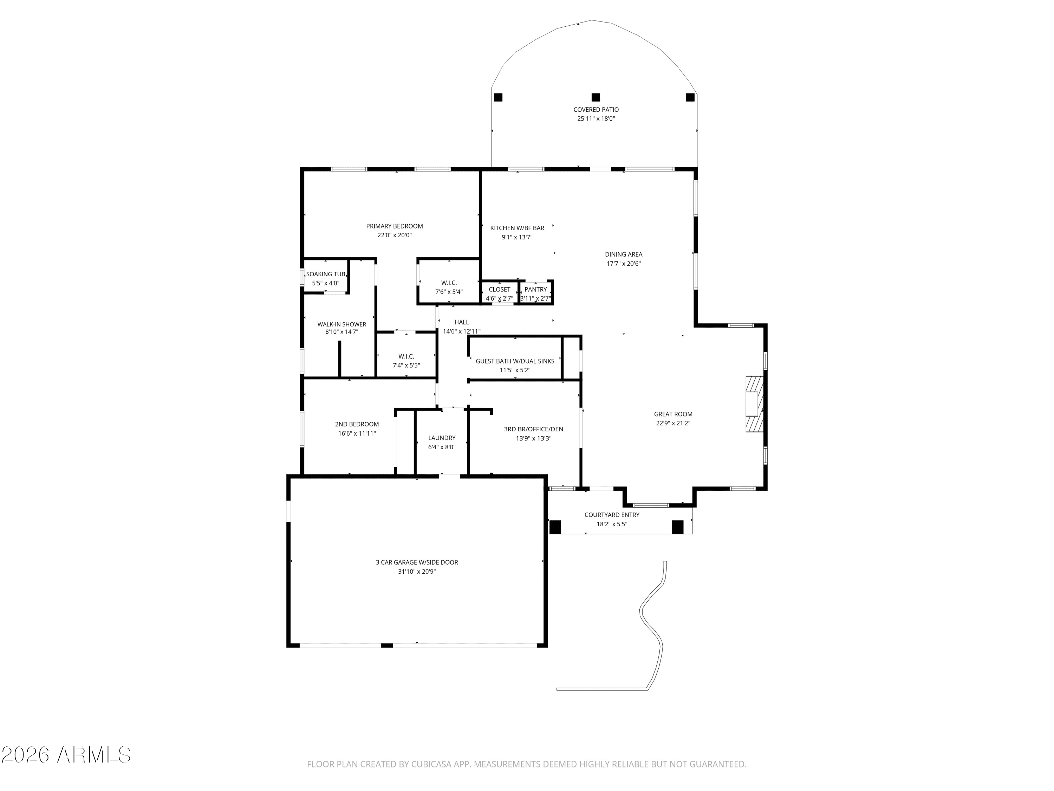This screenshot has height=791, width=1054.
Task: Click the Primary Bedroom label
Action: [x=395, y=226]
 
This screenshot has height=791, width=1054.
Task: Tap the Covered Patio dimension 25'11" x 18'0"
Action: [x=596, y=119]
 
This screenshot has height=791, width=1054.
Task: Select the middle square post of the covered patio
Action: [x=596, y=97]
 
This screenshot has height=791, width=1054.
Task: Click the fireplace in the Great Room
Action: [x=754, y=404]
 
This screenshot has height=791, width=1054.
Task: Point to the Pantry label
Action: [x=535, y=289]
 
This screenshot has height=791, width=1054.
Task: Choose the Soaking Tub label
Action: [x=326, y=274]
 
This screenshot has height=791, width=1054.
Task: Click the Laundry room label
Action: [x=442, y=438]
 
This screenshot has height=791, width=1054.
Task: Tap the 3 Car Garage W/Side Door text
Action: [x=417, y=562]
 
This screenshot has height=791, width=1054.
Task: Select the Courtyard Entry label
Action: [x=612, y=515]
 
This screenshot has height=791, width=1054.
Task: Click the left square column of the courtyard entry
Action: [x=555, y=527]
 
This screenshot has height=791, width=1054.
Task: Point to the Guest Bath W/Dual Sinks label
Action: [x=515, y=361]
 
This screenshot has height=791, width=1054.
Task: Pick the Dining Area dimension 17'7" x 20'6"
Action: [x=624, y=264]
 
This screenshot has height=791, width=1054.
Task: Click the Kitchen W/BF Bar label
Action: [x=517, y=228]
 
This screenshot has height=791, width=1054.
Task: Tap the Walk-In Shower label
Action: [x=341, y=324]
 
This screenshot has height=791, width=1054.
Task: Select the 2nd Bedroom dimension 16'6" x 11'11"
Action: [x=357, y=433]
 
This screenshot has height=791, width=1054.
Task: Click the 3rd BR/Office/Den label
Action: [x=534, y=429]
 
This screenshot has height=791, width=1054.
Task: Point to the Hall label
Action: [x=462, y=322]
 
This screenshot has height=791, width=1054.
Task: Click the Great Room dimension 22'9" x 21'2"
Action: [x=673, y=423]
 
